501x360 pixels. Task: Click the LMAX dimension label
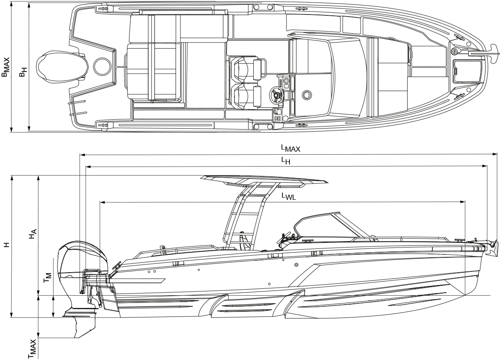click(290, 148)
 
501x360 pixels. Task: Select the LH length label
click(285, 161)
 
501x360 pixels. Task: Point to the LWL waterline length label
click(288, 196)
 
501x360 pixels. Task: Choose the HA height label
click(34, 235)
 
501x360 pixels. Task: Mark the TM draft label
click(48, 278)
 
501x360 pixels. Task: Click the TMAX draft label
click(33, 349)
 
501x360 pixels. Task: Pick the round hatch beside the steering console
click(306, 95)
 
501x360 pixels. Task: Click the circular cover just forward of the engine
click(101, 66)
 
